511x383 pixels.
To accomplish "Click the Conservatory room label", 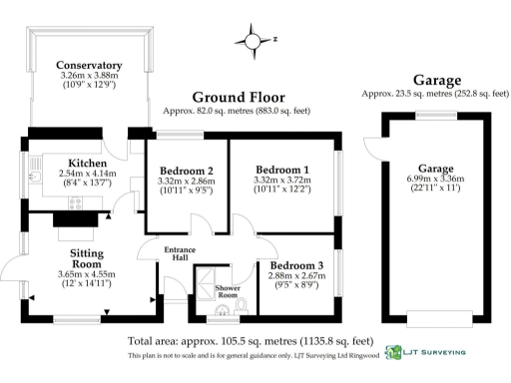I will point(89,66).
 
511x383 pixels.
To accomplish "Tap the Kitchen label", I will point(88,162).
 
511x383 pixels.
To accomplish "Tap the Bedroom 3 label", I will point(296,264).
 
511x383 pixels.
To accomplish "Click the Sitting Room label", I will point(88,259).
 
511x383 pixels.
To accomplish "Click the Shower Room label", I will point(228,292).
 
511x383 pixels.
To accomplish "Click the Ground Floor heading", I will point(239,97).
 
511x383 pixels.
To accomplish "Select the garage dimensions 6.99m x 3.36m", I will point(434,180).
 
